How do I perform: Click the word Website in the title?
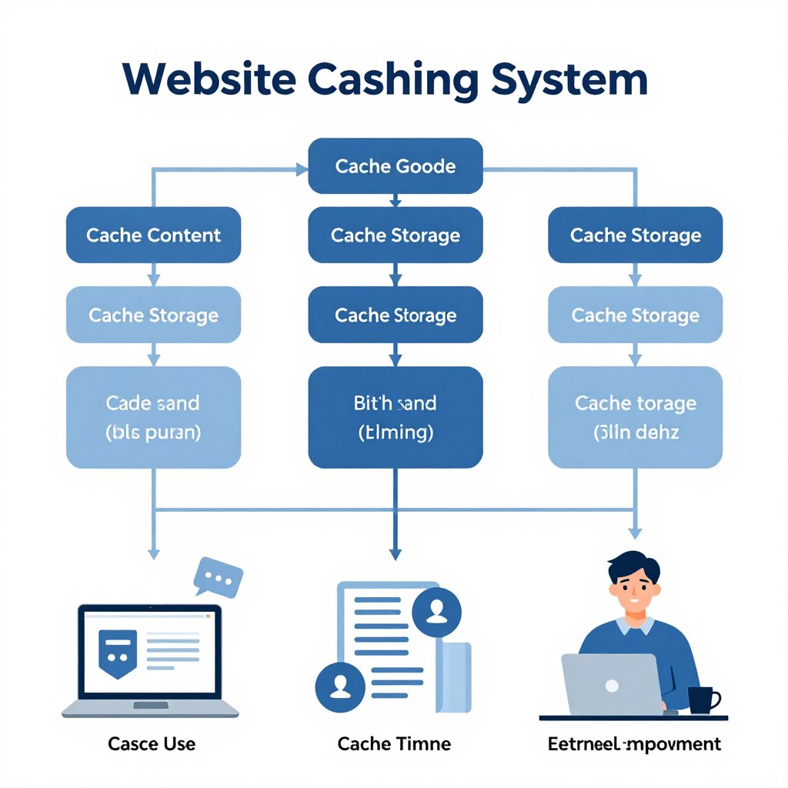(206, 80)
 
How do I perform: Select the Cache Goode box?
(395, 166)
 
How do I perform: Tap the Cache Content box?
(153, 235)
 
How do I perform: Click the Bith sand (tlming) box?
(395, 417)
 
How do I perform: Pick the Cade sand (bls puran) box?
(153, 417)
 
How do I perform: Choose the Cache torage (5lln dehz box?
(635, 417)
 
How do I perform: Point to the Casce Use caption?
(152, 744)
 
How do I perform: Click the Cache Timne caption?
(394, 744)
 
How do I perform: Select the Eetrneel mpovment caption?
(634, 744)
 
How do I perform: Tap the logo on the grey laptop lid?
(612, 684)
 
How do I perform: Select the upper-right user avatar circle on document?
(436, 612)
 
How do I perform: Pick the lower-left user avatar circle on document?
(339, 685)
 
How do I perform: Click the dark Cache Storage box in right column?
(635, 235)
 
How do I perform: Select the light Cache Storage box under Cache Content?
(153, 315)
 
